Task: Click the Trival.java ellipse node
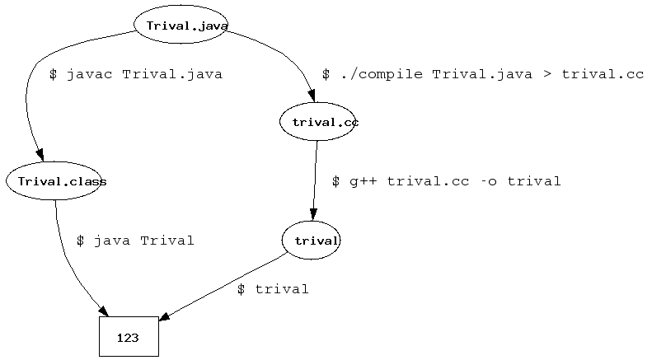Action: pos(181,25)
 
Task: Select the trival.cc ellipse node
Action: pos(317,121)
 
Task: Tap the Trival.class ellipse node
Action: pos(54,181)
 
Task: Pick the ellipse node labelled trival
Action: pos(311,241)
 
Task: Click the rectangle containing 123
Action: pos(129,336)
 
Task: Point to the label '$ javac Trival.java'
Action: pos(136,74)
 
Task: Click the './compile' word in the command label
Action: pos(382,74)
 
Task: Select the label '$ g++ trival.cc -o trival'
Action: pos(447,181)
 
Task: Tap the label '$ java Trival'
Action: pos(135,241)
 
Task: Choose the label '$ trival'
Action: pos(273,289)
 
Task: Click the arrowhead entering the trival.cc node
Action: pos(312,96)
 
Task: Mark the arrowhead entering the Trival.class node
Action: pos(40,156)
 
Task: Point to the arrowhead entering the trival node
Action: pos(313,215)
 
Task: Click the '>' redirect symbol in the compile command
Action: pos(547,75)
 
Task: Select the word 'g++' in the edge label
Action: pos(363,182)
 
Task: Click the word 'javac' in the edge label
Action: pos(90,74)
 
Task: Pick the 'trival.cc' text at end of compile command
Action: pos(603,74)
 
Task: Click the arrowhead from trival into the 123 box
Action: pos(164,316)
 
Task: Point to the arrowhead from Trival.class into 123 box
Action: pos(104,311)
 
